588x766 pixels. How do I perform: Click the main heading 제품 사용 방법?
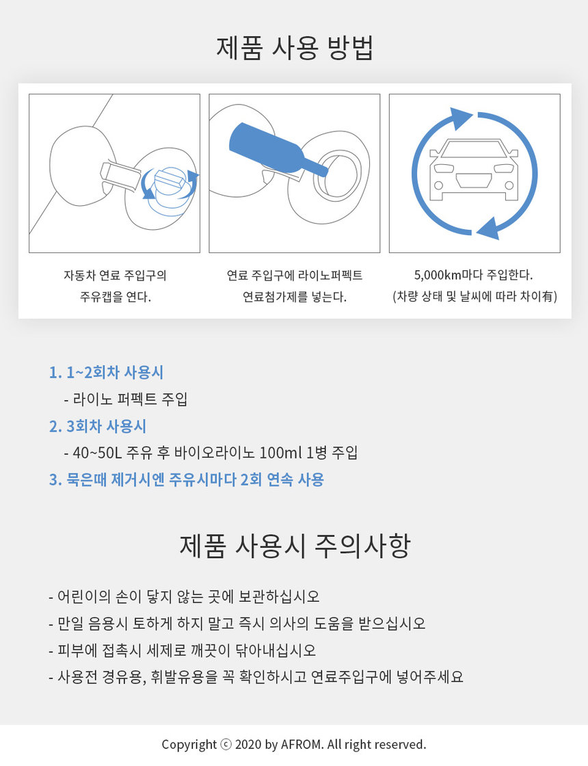pyautogui.click(x=295, y=48)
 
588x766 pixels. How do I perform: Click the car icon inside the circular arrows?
pyautogui.click(x=474, y=170)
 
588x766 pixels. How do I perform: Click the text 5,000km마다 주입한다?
pyautogui.click(x=473, y=275)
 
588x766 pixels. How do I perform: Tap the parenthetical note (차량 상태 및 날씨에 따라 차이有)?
pyautogui.click(x=475, y=297)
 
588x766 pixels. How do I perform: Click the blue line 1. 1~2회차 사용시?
pyautogui.click(x=106, y=373)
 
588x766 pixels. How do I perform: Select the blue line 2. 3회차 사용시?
pyautogui.click(x=98, y=426)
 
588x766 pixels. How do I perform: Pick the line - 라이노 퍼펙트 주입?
pyautogui.click(x=126, y=399)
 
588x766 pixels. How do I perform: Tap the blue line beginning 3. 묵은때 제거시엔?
pyautogui.click(x=187, y=479)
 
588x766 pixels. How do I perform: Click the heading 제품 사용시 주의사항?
pyautogui.click(x=295, y=546)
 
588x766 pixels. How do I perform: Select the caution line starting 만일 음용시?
pyautogui.click(x=237, y=624)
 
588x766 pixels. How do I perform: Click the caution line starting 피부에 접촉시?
pyautogui.click(x=182, y=650)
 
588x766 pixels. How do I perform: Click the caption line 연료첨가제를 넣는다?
pyautogui.click(x=295, y=297)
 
